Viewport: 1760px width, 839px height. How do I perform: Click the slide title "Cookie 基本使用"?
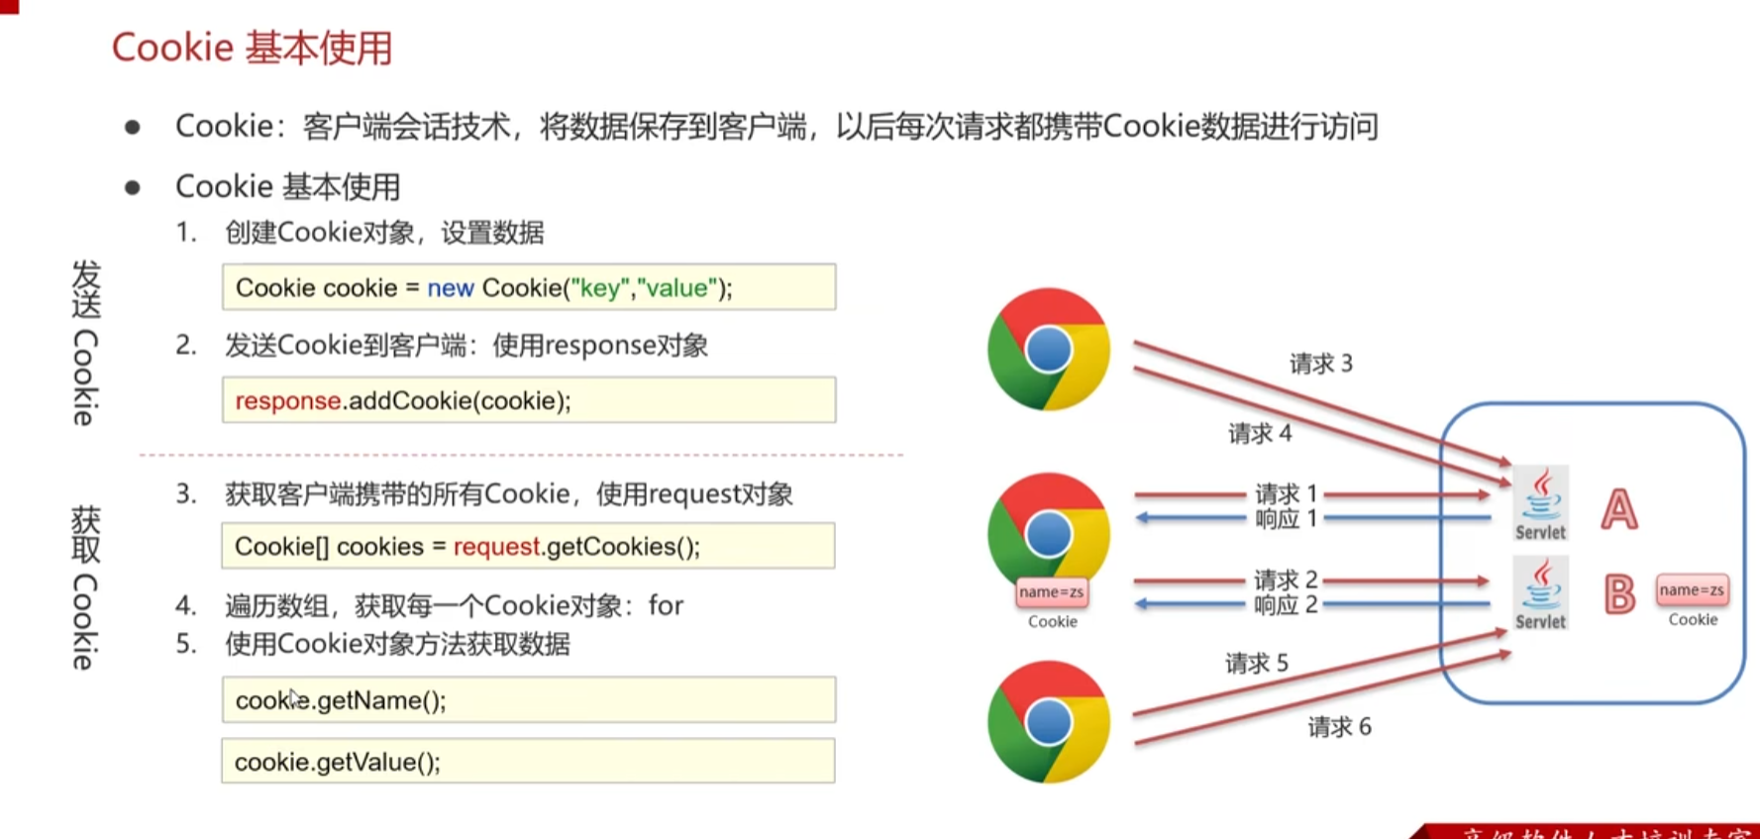tap(252, 48)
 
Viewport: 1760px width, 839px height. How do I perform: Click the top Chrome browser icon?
tap(1048, 349)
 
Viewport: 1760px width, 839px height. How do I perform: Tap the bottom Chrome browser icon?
tap(1048, 721)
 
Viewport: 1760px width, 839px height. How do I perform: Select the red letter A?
tap(1618, 510)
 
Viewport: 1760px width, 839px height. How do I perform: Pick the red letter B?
tap(1618, 594)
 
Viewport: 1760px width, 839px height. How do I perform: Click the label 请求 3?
tap(1320, 364)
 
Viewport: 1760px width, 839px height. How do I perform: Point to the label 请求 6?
tap(1339, 727)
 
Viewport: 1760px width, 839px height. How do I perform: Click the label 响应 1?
tap(1286, 519)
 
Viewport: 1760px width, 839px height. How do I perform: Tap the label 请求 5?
tap(1256, 663)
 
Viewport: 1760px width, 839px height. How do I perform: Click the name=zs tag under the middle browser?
tap(1051, 592)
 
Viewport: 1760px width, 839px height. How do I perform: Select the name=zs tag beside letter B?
tap(1692, 590)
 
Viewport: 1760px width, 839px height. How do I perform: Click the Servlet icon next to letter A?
tap(1540, 503)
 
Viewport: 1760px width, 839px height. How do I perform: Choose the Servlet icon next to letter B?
tap(1540, 592)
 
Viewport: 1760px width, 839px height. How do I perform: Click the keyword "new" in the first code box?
tap(450, 288)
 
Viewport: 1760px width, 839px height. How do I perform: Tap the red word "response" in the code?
tap(287, 401)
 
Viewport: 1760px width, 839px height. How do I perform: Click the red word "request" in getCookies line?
tap(496, 547)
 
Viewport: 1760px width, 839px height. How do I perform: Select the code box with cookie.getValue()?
tap(528, 762)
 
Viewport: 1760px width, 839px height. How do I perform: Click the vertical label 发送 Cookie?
tap(86, 343)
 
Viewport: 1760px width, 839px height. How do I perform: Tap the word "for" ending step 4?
tap(666, 605)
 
